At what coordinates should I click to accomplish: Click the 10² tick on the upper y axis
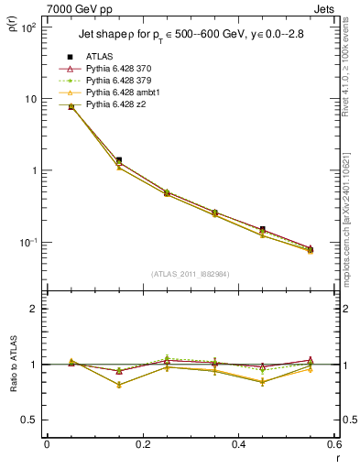pyautogui.click(x=27, y=27)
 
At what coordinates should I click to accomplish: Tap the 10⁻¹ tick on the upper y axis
pyautogui.click(x=27, y=243)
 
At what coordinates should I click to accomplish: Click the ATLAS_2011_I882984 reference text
pyautogui.click(x=190, y=273)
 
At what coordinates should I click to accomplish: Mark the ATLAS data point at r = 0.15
pyautogui.click(x=118, y=160)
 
